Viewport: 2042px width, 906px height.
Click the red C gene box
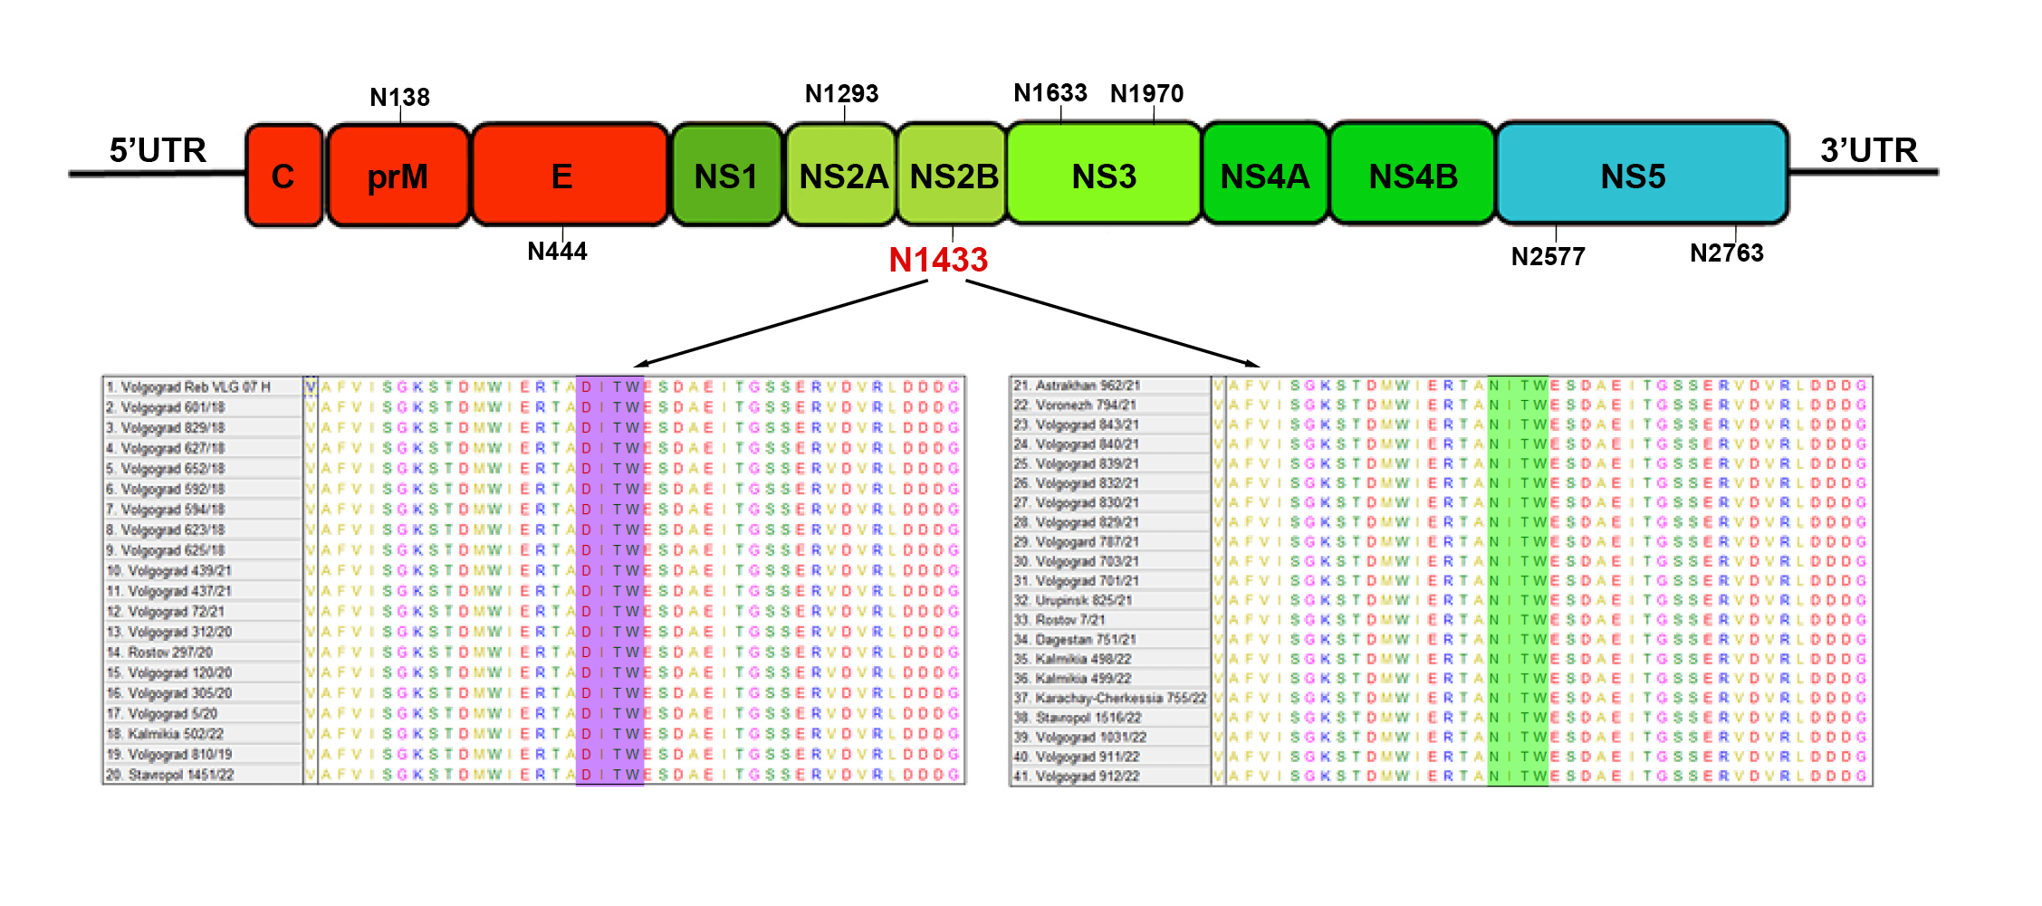point(283,176)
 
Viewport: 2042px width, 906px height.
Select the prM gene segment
point(398,176)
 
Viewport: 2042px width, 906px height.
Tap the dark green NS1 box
point(726,176)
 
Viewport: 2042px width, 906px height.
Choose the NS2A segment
point(842,176)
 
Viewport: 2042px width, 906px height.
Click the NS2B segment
point(954,176)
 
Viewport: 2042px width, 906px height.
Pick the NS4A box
point(1265,176)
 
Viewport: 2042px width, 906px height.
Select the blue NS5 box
point(1633,176)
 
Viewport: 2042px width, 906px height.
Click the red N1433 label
point(938,260)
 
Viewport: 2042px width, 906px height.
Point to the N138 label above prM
point(399,97)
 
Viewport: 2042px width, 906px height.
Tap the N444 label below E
point(557,251)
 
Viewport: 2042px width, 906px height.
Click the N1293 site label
point(841,93)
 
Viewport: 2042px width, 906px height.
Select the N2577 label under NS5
point(1548,256)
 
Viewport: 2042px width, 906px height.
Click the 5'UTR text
point(158,149)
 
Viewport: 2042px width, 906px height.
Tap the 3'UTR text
point(1869,149)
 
